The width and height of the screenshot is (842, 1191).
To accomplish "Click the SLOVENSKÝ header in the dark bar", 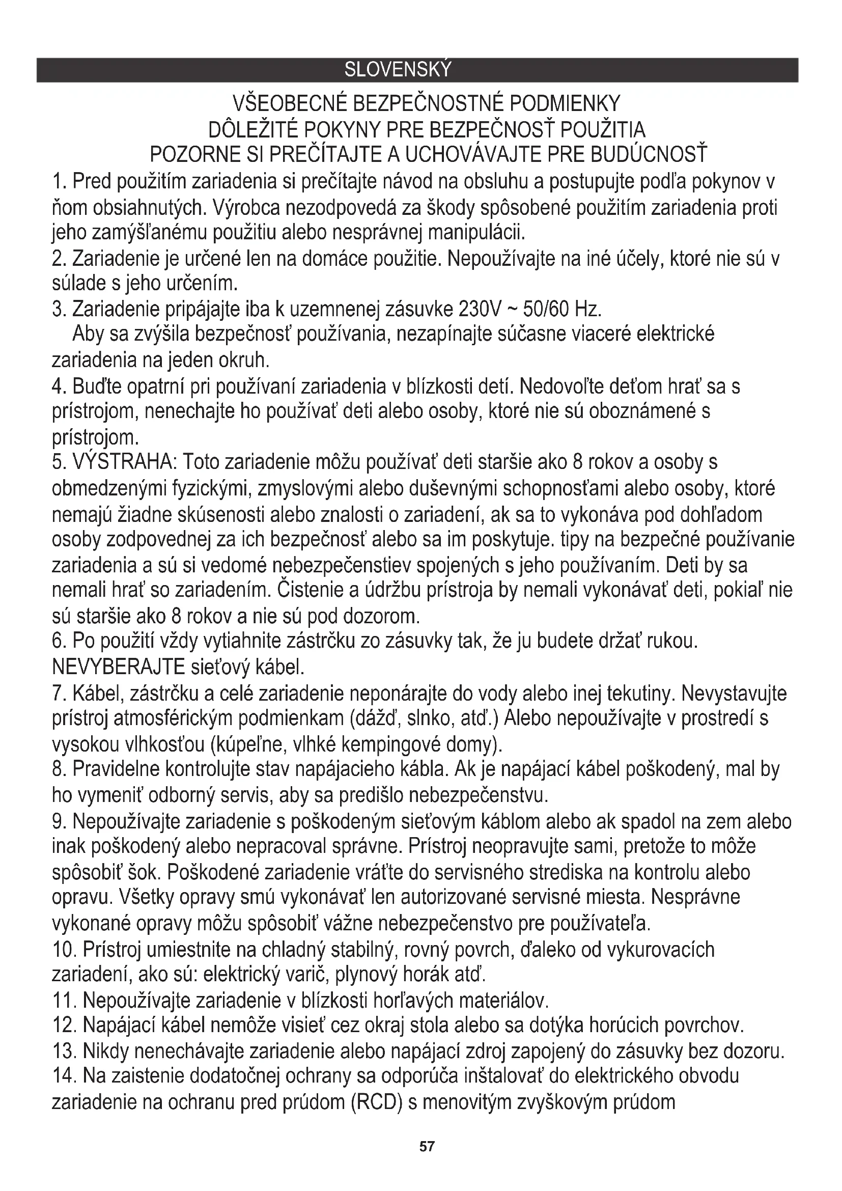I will pyautogui.click(x=398, y=70).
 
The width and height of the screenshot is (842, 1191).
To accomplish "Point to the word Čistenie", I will pyautogui.click(x=306, y=590).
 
